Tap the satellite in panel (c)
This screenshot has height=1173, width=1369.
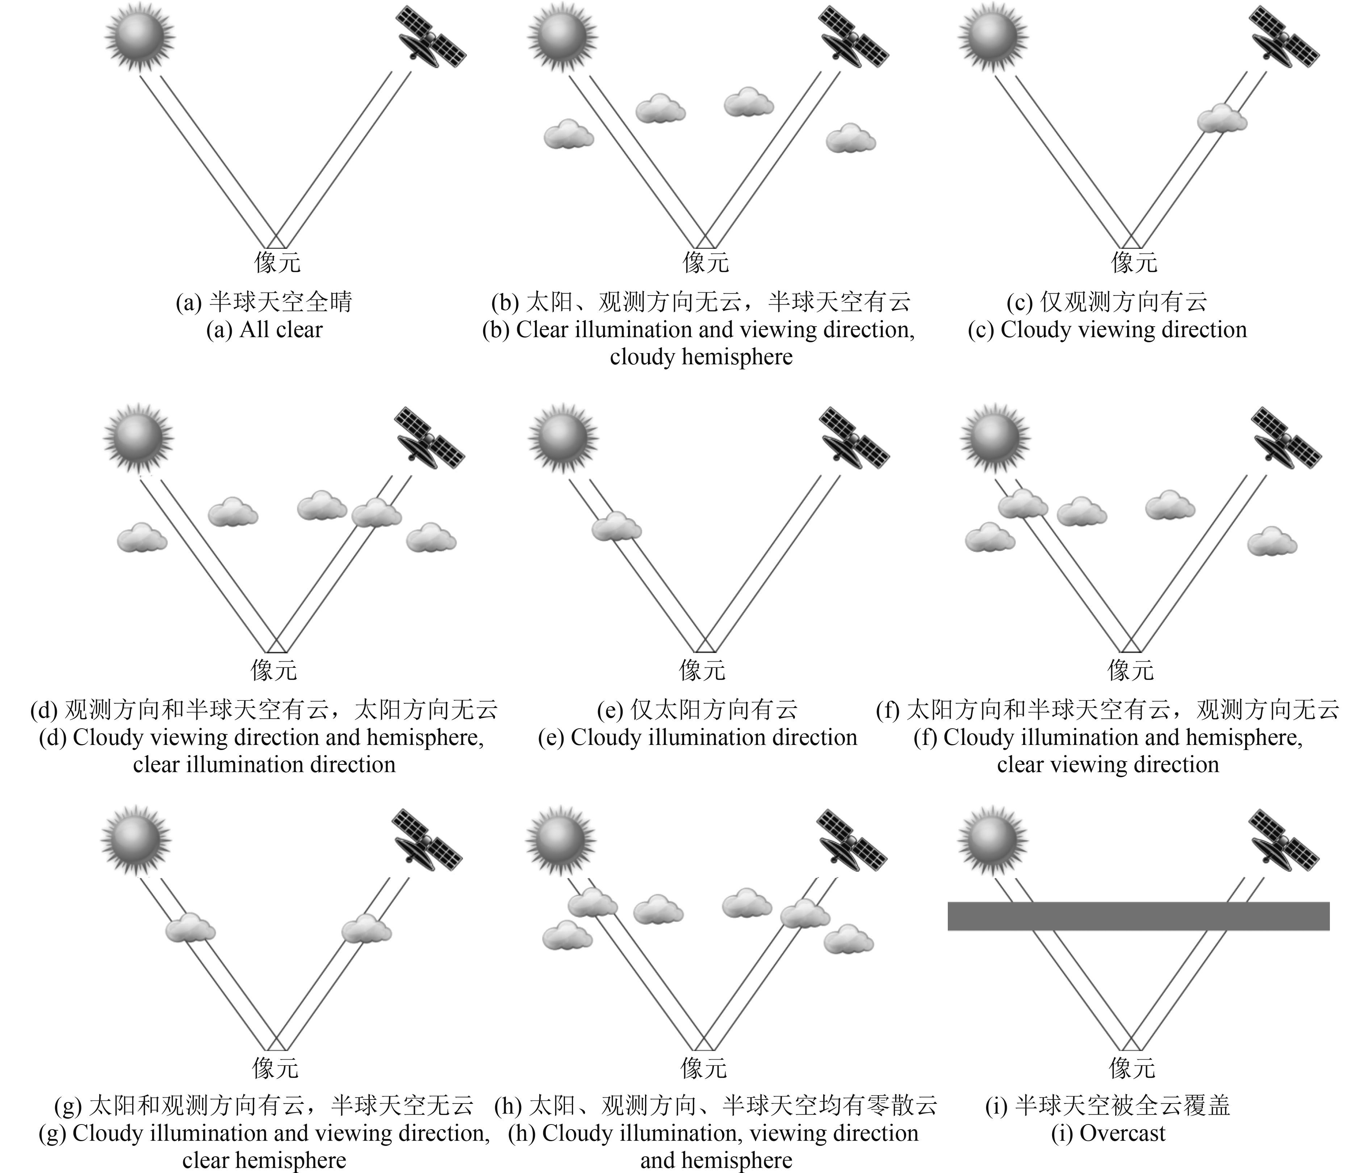[1284, 38]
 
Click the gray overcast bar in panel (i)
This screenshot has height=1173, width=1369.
[1138, 916]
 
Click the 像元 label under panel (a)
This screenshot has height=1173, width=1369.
[277, 262]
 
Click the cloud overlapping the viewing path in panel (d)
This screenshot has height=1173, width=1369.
[376, 513]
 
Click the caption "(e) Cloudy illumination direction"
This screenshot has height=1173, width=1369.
[697, 737]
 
